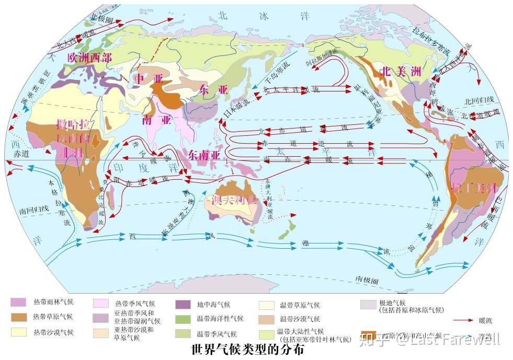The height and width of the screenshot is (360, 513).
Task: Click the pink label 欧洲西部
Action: click(89, 58)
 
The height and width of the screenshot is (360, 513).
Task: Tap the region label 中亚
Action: click(146, 78)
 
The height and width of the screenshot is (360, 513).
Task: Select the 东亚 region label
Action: click(213, 90)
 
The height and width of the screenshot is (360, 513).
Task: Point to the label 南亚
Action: click(157, 120)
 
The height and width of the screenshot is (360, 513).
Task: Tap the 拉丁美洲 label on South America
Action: click(474, 188)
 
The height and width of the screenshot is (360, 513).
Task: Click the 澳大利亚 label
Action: click(234, 200)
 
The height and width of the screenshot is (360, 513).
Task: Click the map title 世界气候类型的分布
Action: click(248, 350)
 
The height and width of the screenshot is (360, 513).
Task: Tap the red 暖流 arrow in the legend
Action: click(463, 320)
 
